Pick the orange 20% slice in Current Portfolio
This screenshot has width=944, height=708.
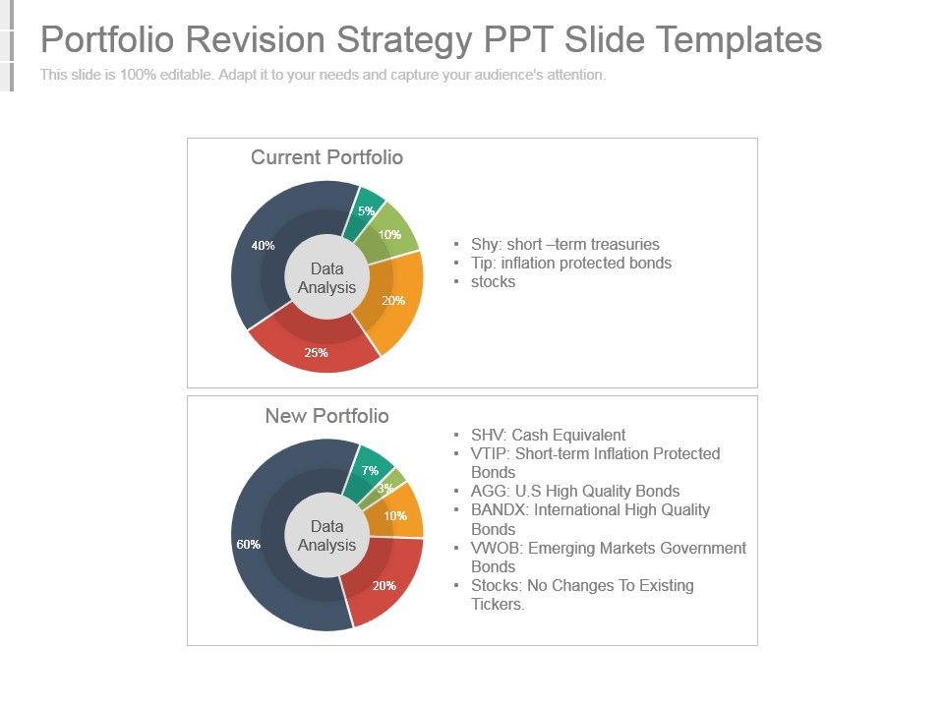[x=393, y=300]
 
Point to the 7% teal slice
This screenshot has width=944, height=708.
[x=370, y=470]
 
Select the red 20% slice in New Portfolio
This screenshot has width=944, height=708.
[x=383, y=584]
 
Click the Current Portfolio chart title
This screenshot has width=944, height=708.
[x=326, y=157]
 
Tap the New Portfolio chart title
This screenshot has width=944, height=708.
[x=326, y=416]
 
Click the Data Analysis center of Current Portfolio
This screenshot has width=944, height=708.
[x=326, y=277]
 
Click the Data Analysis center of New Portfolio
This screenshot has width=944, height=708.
[x=326, y=536]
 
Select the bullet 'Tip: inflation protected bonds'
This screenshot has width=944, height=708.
[x=571, y=263]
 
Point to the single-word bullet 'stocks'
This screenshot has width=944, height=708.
[x=493, y=281]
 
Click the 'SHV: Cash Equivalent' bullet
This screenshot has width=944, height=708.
[x=548, y=435]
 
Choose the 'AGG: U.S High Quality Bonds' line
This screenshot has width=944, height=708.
[x=575, y=491]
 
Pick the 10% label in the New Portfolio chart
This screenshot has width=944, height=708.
[x=395, y=515]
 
